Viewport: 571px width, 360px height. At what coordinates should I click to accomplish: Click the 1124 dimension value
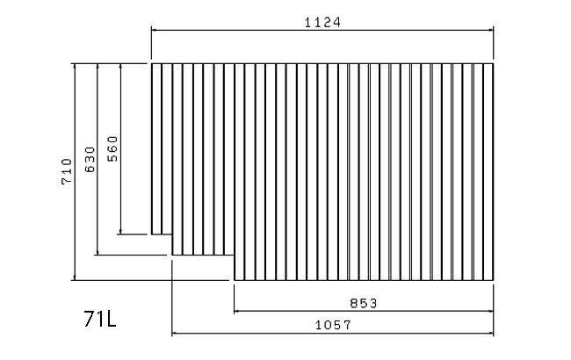click(x=322, y=23)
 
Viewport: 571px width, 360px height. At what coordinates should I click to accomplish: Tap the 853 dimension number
click(x=364, y=303)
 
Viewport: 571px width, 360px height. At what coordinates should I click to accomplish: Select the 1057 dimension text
click(x=333, y=325)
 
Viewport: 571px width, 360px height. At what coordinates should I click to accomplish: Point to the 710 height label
click(x=67, y=171)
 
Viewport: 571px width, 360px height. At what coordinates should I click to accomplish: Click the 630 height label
click(x=90, y=160)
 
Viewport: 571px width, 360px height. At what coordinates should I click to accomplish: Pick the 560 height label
click(x=112, y=148)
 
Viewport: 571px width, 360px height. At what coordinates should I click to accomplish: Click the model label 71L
click(x=100, y=319)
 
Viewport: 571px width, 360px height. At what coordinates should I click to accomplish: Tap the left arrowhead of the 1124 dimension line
click(x=154, y=30)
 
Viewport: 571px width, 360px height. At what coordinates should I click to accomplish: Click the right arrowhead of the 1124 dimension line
click(x=490, y=30)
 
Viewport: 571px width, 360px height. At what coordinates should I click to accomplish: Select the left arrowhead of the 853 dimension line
click(x=236, y=311)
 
